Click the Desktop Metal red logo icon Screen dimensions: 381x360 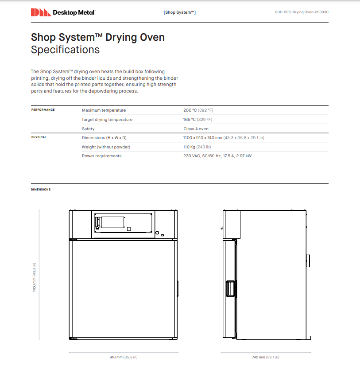pos(40,12)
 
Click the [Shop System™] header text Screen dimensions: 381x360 pos(180,12)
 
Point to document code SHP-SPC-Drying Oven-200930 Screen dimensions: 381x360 pos(302,12)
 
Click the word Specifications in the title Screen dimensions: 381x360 pos(65,50)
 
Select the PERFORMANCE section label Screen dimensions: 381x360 pos(43,110)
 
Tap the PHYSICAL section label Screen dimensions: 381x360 pos(39,137)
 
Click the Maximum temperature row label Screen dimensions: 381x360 pos(104,110)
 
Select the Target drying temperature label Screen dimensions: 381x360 pos(107,120)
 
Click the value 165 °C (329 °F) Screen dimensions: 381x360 pos(198,120)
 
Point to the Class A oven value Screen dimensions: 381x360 pos(196,129)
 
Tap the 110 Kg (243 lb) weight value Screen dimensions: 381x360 pos(197,147)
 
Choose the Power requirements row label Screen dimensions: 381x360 pos(101,156)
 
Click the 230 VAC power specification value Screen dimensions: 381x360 pos(217,156)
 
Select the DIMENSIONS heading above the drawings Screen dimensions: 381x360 pos(41,190)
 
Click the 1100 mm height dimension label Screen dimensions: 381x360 pos(34,277)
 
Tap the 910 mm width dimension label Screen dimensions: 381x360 pos(124,357)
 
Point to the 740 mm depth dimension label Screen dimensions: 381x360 pos(266,357)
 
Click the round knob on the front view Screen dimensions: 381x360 pos(157,232)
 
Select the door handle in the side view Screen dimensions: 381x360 pos(230,289)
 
